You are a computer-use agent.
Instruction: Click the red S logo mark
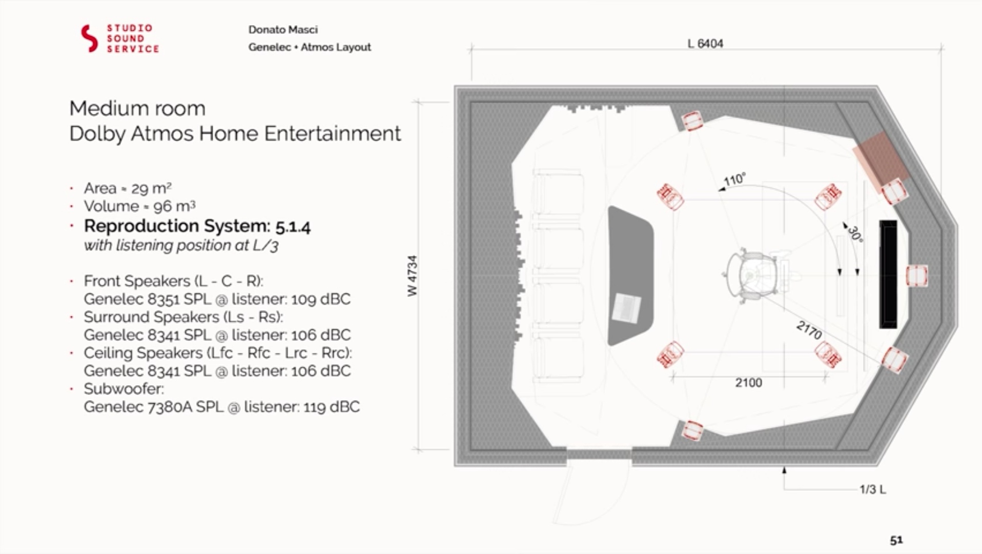point(89,38)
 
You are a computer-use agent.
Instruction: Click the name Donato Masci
point(283,30)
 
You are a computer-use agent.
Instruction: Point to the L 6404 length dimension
point(705,44)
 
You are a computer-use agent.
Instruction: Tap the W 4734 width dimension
point(413,275)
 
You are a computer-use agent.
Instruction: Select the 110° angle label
point(734,180)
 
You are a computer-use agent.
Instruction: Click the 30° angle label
point(854,233)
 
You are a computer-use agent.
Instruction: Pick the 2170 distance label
point(809,330)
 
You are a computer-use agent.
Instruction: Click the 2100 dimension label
point(748,383)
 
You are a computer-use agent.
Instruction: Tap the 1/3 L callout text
point(872,489)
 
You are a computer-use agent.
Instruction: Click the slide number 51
point(896,540)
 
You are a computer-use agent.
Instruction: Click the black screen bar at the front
point(888,274)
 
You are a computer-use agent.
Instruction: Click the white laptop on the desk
point(626,308)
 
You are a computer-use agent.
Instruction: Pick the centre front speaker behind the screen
point(916,275)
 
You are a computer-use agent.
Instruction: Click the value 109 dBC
point(321,299)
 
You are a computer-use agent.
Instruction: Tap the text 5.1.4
point(293,226)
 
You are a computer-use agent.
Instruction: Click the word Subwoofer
point(124,389)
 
